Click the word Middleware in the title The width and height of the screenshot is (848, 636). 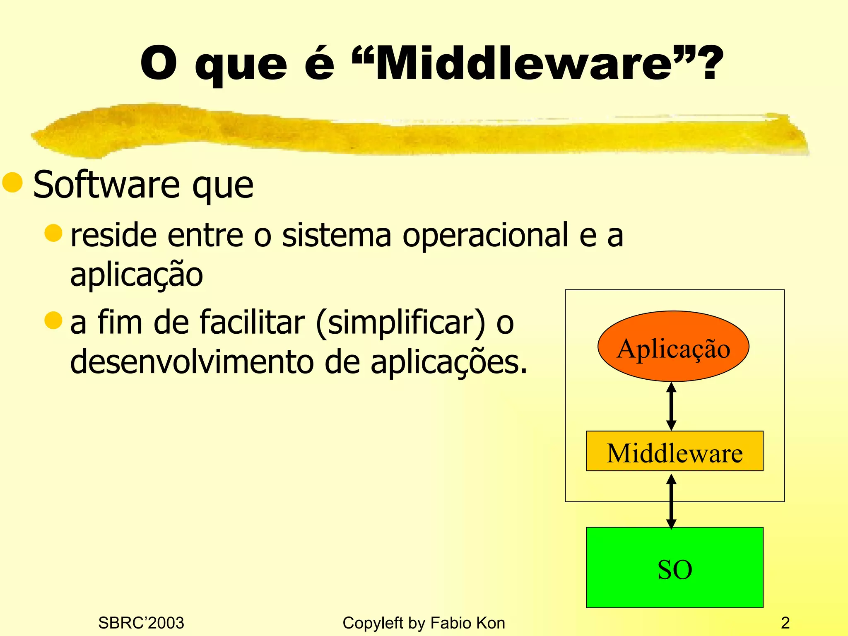[524, 64]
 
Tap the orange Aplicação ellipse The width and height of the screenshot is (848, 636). [673, 347]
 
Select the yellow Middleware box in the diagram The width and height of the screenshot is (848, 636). [675, 451]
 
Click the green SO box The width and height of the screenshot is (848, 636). [675, 568]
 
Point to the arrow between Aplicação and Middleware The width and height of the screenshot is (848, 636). [671, 407]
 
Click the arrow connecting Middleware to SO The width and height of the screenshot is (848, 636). [671, 501]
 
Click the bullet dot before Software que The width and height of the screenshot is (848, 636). [12, 183]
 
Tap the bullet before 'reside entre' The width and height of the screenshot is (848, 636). [53, 233]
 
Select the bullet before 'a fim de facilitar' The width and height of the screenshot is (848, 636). [53, 320]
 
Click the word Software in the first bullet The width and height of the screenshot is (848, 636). [106, 185]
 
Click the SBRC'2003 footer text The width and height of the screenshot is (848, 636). [141, 623]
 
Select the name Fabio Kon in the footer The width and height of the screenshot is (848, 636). [467, 623]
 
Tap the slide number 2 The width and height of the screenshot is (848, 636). [785, 623]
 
